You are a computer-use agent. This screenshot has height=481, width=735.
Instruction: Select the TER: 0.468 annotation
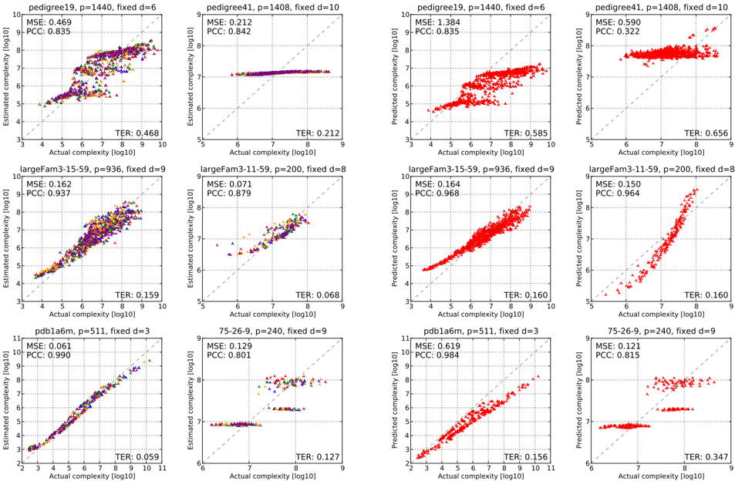(137, 133)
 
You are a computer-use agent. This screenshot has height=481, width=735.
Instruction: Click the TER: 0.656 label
(706, 133)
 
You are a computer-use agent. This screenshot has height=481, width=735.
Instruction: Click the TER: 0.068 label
(317, 295)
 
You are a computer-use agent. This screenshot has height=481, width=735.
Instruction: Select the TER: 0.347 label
(706, 457)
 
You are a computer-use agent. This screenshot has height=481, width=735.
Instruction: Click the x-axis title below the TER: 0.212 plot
(273, 152)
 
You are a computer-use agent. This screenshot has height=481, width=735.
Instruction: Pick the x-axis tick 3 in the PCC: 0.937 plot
(22, 307)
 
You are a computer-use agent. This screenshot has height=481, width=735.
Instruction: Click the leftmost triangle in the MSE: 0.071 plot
(217, 245)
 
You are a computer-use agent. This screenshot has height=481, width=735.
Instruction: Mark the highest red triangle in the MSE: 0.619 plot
(538, 376)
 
